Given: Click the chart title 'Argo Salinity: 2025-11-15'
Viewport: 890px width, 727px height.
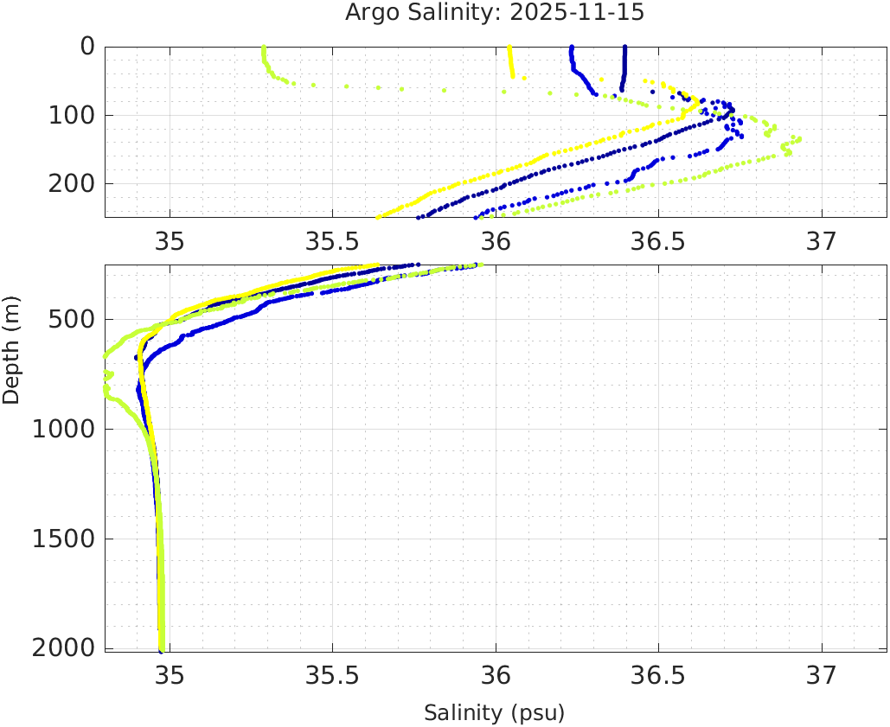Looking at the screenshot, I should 495,13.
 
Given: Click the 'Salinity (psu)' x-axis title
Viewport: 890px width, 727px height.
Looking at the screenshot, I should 494,713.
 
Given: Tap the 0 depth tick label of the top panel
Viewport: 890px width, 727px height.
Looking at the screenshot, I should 87,46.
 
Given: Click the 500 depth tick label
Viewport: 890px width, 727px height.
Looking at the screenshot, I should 68,319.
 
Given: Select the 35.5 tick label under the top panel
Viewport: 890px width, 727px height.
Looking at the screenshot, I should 332,239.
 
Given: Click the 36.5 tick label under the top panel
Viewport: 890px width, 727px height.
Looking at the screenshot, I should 658,239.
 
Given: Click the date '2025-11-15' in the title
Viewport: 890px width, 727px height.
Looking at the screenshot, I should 588,13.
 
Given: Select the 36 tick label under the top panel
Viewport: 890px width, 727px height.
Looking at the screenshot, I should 496,239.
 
